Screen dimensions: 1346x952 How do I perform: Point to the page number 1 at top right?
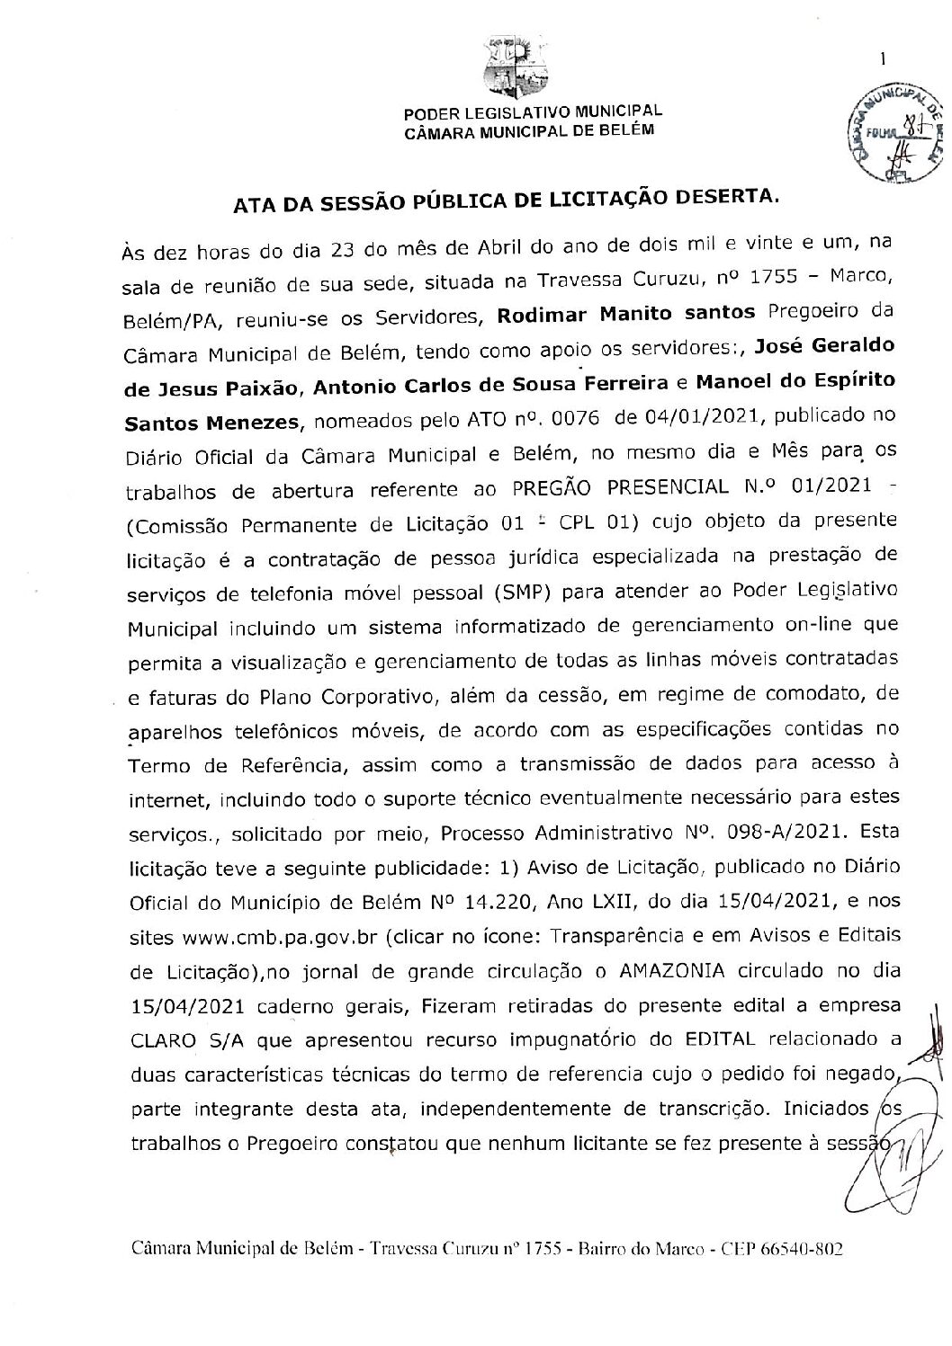pos(884,60)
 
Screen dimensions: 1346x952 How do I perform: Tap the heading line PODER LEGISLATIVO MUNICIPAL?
pos(533,111)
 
